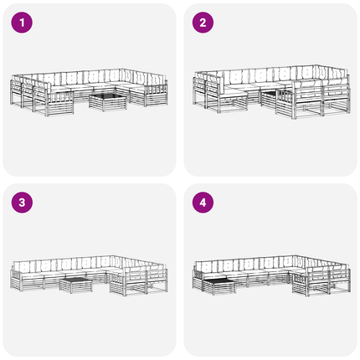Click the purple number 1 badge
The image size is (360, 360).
[22, 23]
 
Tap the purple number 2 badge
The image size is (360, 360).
[203, 23]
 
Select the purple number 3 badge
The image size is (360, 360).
[22, 203]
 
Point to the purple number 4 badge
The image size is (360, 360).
[203, 203]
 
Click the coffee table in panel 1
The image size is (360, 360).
[108, 102]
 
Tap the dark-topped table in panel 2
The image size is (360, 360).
[270, 100]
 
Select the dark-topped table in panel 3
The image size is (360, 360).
[76, 285]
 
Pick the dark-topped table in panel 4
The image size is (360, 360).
[219, 287]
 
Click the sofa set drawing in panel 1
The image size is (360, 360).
[89, 92]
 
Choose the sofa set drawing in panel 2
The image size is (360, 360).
[271, 92]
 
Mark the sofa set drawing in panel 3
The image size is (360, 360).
[89, 275]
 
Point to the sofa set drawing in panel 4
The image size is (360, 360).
[271, 275]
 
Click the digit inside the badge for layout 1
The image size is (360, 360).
[22, 23]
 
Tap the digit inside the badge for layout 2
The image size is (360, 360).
[203, 23]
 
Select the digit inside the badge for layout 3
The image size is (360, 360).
[22, 203]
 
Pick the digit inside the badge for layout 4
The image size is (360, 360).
[203, 203]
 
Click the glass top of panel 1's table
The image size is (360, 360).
[108, 97]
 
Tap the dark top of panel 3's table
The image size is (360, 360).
[76, 280]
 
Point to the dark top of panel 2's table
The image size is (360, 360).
[269, 94]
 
